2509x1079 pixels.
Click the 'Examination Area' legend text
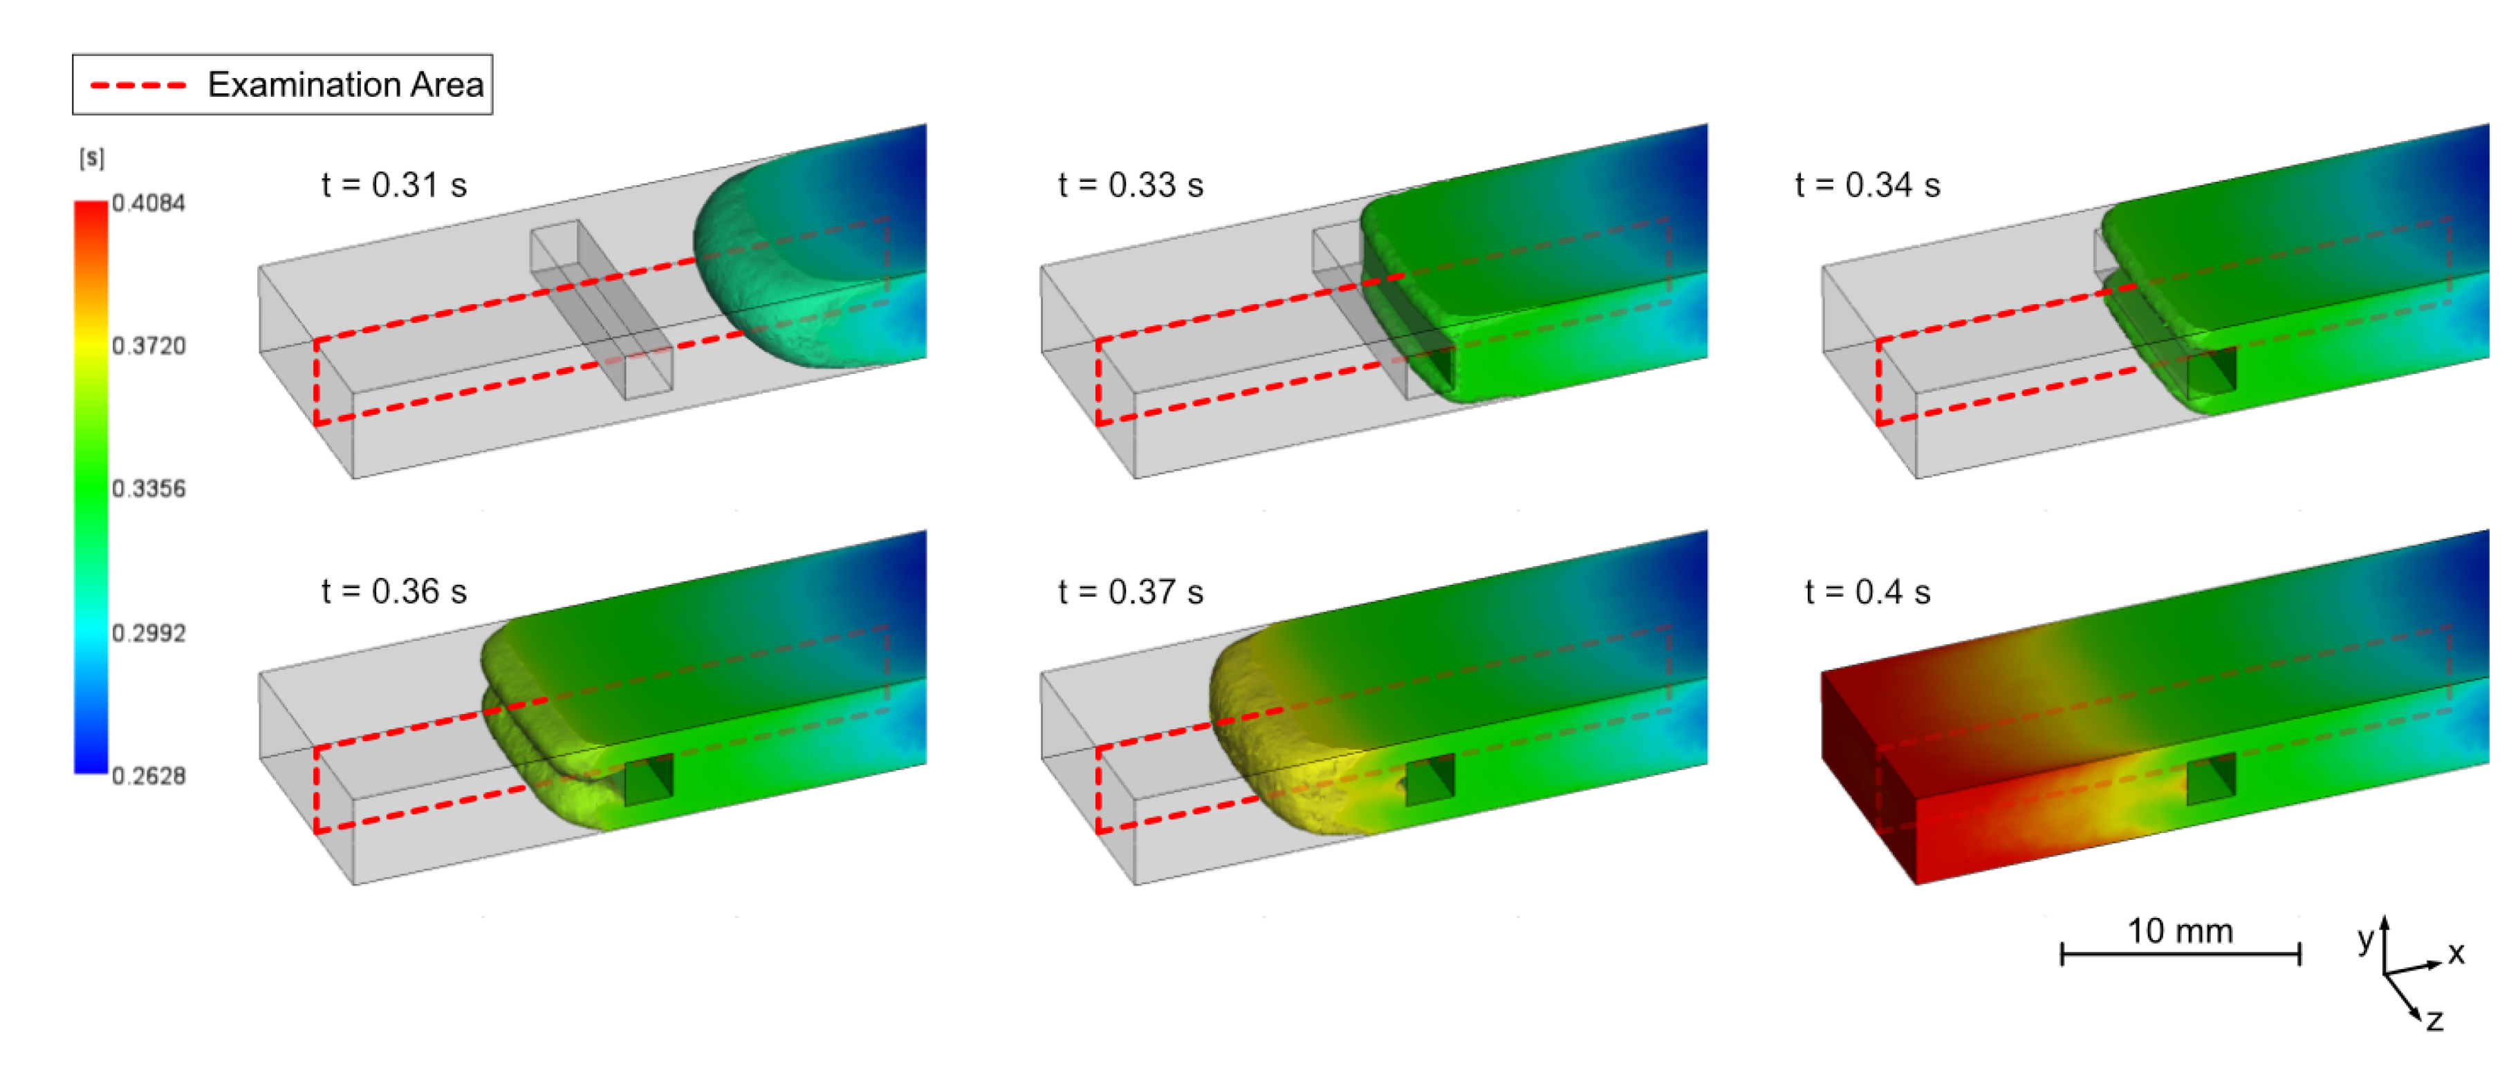pos(346,85)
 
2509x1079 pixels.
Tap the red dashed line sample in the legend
pos(138,86)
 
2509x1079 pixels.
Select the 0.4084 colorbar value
pos(148,203)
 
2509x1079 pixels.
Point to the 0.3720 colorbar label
pos(148,346)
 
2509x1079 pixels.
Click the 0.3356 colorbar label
pos(148,489)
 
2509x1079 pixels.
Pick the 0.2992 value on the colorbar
pos(148,633)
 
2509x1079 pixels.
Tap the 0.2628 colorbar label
pos(148,776)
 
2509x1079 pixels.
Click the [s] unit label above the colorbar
pos(91,158)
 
